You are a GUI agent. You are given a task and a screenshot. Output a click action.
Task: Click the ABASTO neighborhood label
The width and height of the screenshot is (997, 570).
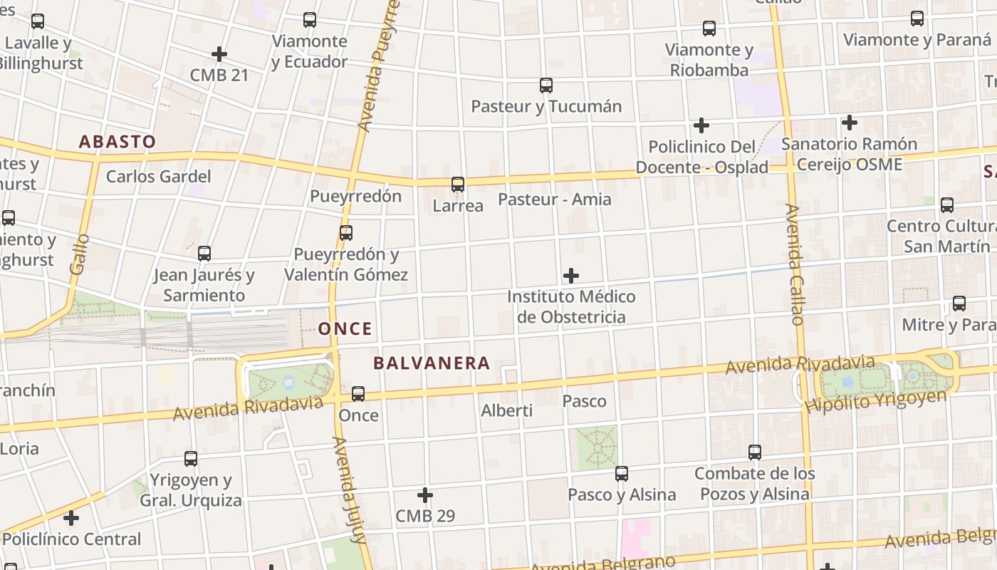117,142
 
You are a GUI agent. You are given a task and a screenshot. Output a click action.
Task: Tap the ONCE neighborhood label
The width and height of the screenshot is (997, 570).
345,329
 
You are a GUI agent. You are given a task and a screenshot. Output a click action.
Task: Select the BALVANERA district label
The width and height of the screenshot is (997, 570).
432,363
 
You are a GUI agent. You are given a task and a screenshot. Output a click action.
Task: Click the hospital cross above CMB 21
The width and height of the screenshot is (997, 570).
219,54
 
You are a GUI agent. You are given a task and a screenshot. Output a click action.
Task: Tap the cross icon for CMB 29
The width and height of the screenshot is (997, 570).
425,495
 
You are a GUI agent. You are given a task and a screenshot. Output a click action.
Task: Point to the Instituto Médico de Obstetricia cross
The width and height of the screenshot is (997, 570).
571,276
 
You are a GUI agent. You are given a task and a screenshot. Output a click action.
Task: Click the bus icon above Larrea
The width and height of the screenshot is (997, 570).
458,185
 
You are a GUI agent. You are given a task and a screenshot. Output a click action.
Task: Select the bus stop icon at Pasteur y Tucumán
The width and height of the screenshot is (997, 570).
546,85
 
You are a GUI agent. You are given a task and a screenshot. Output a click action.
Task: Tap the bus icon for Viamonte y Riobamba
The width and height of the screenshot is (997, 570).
709,28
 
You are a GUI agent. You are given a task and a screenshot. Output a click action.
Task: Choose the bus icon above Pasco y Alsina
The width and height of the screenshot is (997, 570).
622,474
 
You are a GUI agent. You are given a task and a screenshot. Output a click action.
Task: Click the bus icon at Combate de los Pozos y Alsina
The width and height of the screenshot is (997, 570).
755,452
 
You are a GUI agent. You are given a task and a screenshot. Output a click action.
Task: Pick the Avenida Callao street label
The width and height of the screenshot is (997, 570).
795,264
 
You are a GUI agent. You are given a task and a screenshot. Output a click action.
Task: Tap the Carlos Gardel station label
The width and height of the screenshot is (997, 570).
158,177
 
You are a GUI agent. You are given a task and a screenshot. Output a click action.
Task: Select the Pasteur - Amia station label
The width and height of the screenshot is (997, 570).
554,199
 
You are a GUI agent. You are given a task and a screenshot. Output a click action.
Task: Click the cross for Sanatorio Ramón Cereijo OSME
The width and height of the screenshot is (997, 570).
849,123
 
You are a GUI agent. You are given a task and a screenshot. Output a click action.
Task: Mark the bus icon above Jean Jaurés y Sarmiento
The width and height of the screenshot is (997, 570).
204,254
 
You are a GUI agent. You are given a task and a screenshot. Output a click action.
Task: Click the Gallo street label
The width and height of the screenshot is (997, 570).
80,254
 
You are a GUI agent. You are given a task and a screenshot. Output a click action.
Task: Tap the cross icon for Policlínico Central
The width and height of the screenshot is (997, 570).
71,518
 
